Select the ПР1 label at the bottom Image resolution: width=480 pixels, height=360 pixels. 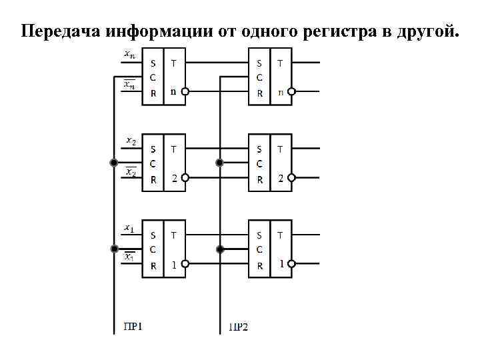tap(134, 326)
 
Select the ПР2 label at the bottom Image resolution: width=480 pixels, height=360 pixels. tap(237, 327)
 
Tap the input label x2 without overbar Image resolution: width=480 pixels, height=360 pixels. tap(131, 141)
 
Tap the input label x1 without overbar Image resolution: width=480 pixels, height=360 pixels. tap(129, 228)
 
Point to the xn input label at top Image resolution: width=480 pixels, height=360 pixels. tap(130, 55)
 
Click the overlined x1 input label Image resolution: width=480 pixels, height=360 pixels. tap(130, 257)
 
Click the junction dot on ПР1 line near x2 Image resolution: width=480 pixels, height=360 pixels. tap(114, 163)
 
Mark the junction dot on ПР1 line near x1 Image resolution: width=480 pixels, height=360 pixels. tap(114, 249)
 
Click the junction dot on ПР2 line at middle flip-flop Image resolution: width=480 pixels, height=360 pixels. tap(219, 163)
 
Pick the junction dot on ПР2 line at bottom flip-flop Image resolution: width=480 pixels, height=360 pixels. tap(219, 249)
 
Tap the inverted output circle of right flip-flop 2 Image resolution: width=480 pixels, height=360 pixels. tap(292, 178)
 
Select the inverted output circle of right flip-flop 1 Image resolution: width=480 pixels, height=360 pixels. tap(292, 265)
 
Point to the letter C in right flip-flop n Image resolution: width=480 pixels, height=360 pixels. tap(259, 78)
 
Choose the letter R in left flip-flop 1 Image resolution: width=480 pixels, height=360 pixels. tap(153, 265)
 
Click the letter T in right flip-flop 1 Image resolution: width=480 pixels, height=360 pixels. tap(279, 235)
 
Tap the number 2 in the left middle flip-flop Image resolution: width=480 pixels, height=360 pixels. tap(174, 178)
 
